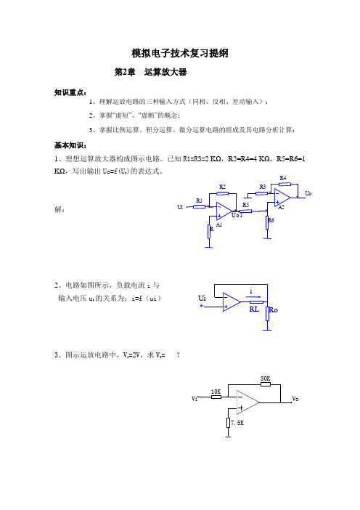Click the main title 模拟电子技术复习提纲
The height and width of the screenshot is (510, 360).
click(x=180, y=53)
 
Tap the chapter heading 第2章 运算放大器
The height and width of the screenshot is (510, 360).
click(x=151, y=72)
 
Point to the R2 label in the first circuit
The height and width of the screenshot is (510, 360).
click(x=222, y=187)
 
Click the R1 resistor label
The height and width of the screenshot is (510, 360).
click(x=199, y=201)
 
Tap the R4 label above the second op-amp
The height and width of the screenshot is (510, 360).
click(x=283, y=178)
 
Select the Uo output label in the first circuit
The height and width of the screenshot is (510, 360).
click(x=308, y=193)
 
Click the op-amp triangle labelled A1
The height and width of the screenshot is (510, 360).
click(x=224, y=211)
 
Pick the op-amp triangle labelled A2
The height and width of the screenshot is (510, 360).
click(x=282, y=197)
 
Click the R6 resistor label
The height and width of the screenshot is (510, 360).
click(x=271, y=220)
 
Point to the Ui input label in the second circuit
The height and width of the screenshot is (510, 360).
click(x=202, y=298)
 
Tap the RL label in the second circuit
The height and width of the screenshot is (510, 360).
click(x=254, y=309)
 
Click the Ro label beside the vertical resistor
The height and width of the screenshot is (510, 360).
click(x=274, y=310)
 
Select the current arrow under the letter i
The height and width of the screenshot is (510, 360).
click(x=254, y=296)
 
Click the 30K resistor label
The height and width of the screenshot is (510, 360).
click(x=265, y=379)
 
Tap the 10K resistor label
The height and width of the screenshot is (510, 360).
click(x=216, y=392)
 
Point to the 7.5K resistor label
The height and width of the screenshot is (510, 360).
click(x=237, y=423)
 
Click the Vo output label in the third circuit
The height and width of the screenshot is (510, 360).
click(x=295, y=399)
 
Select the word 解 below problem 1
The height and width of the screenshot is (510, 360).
click(x=59, y=209)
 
